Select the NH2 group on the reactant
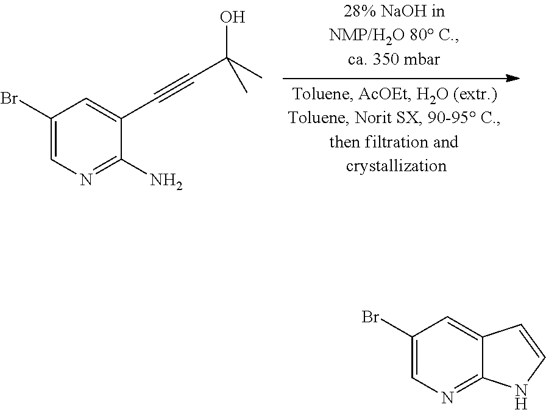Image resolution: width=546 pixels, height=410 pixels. (x=166, y=181)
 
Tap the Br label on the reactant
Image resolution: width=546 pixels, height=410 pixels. (x=9, y=98)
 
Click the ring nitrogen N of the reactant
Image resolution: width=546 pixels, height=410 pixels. (x=86, y=180)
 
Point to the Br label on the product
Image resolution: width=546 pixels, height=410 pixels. (x=370, y=317)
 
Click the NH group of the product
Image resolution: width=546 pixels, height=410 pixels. (x=521, y=397)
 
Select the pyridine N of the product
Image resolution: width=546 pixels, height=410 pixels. (x=448, y=397)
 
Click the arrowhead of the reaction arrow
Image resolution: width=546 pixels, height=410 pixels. (x=512, y=79)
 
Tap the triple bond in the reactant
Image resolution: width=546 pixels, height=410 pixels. (x=173, y=89)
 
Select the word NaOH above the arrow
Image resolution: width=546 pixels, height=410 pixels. (x=403, y=12)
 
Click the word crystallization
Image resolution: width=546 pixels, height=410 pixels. (x=396, y=166)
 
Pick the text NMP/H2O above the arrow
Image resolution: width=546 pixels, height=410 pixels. (x=367, y=35)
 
